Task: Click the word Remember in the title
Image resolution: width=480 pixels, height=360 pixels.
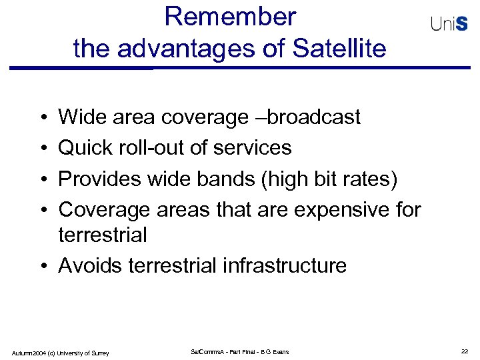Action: point(230,17)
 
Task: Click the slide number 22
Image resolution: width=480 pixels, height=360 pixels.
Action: point(465,351)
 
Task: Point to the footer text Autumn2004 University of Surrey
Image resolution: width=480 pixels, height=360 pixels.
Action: point(60,352)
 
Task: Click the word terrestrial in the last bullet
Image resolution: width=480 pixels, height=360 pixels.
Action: point(171,265)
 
